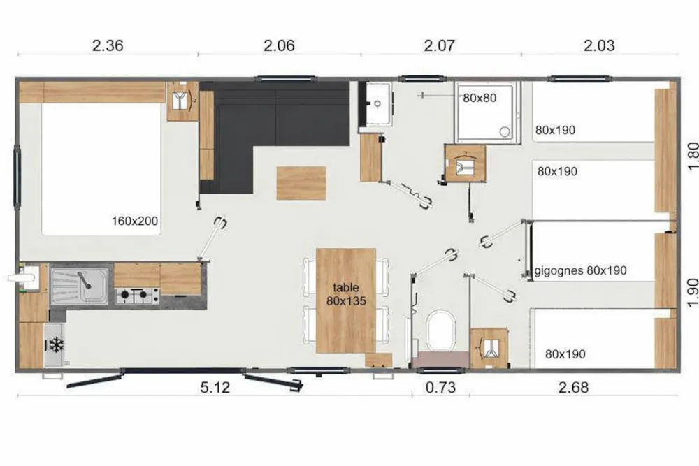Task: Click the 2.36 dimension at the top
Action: tap(108, 45)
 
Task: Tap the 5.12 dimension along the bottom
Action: tap(215, 387)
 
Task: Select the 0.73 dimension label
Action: tap(440, 387)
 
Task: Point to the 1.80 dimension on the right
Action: tap(692, 156)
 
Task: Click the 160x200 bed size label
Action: tap(135, 221)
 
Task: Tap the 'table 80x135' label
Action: tap(346, 294)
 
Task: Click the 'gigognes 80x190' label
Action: tap(580, 270)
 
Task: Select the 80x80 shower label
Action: tap(480, 98)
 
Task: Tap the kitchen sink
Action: tap(80, 286)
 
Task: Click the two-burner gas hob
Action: tap(137, 296)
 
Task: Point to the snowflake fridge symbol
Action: tap(56, 344)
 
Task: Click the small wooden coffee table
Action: tap(301, 183)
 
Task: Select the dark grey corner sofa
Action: tap(274, 136)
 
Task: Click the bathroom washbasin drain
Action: tap(377, 104)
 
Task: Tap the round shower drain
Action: tap(505, 131)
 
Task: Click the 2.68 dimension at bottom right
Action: tap(573, 387)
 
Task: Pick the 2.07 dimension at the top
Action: tap(439, 45)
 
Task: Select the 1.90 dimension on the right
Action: tap(692, 293)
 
